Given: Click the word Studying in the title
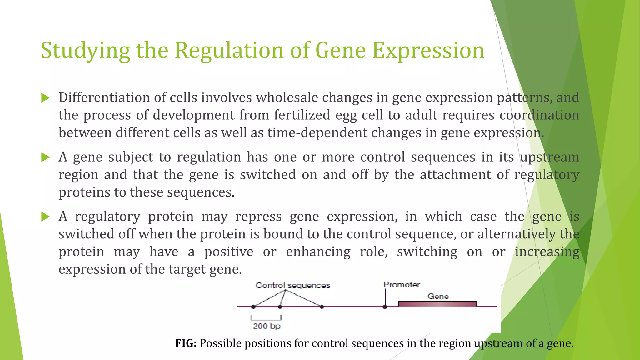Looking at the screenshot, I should click(x=85, y=51).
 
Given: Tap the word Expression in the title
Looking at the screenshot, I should click(x=428, y=51).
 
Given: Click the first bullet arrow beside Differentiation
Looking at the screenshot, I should click(x=46, y=98).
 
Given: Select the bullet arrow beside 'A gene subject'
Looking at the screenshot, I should click(x=46, y=157).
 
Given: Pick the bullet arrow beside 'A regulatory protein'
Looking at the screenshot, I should click(x=46, y=217).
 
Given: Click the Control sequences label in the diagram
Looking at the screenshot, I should click(x=293, y=285).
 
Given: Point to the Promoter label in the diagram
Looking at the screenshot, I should click(x=402, y=285).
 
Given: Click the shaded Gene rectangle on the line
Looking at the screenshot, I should click(x=437, y=304).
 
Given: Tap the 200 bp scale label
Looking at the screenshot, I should click(x=266, y=326).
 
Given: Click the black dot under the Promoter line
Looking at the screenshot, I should click(x=385, y=307).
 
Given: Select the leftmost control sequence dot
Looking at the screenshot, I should click(x=253, y=307).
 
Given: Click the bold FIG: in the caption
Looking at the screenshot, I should click(x=186, y=343).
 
